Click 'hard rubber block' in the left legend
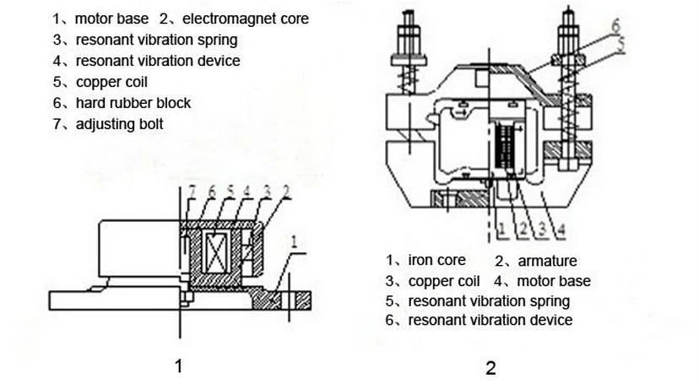point(133,103)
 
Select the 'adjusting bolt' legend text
point(119,124)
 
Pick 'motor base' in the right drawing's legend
point(553,281)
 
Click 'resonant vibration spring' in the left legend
point(156,39)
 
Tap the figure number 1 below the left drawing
point(178,365)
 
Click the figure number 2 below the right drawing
point(490,368)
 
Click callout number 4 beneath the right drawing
point(561,229)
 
